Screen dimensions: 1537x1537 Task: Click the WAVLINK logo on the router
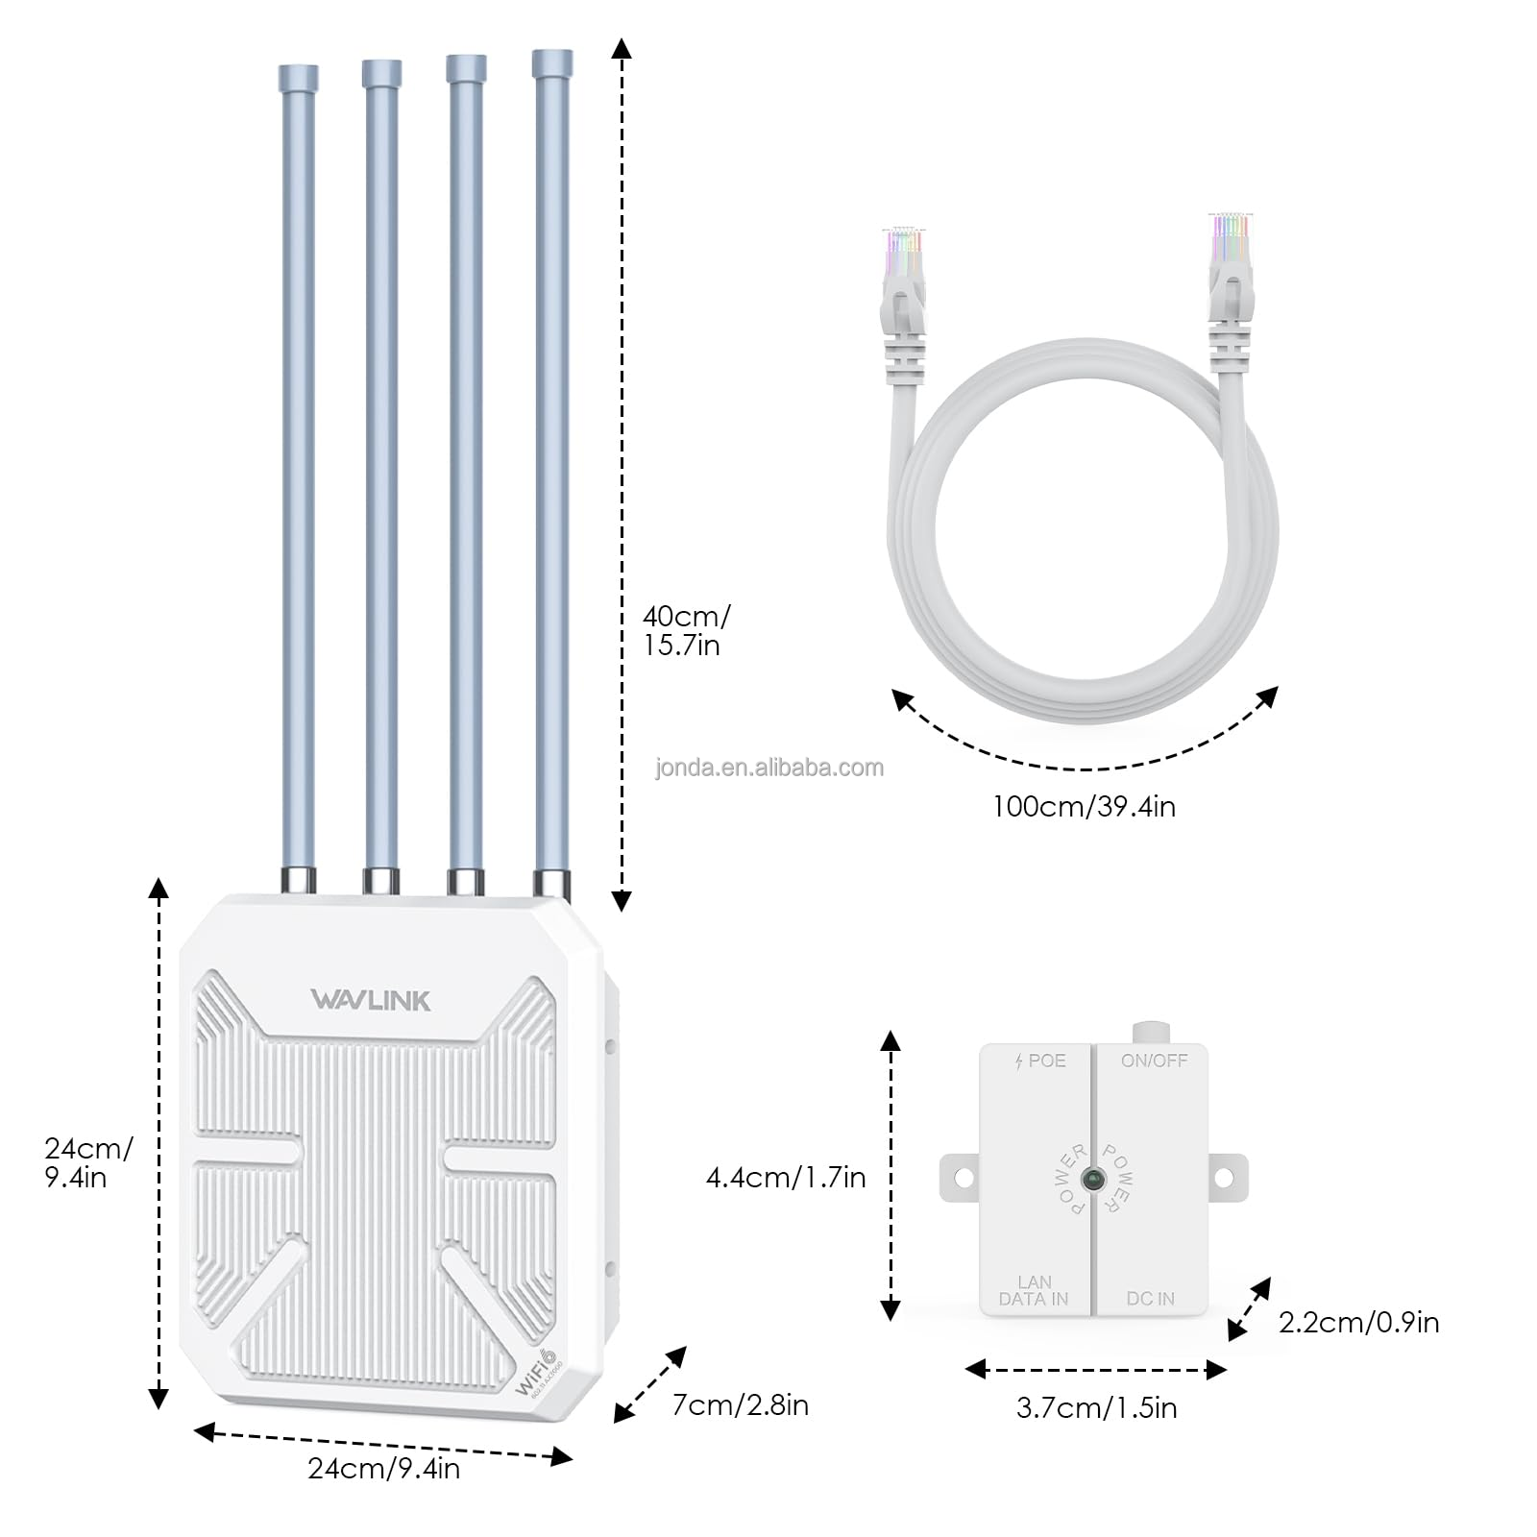pos(371,1000)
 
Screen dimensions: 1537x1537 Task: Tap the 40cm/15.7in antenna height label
pos(685,630)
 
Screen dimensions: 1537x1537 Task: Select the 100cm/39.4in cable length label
pos(1084,806)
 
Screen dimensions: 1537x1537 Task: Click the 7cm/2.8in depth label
pos(740,1404)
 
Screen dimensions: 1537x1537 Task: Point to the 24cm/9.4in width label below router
pos(383,1468)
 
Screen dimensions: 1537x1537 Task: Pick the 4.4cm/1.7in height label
pos(786,1177)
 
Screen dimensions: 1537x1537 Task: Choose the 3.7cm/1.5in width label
pos(1096,1407)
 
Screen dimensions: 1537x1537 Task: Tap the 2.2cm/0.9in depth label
pos(1358,1322)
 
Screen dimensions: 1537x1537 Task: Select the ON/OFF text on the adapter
pos(1154,1061)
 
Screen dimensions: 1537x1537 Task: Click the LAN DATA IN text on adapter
pos(1034,1290)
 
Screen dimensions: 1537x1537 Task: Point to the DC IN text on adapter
pos(1150,1298)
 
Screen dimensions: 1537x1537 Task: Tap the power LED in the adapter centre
pos(1092,1179)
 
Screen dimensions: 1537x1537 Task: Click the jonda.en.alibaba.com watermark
pos(769,768)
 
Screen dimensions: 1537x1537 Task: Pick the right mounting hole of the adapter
pos(1225,1177)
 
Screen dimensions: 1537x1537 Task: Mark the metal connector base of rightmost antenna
pos(551,883)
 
